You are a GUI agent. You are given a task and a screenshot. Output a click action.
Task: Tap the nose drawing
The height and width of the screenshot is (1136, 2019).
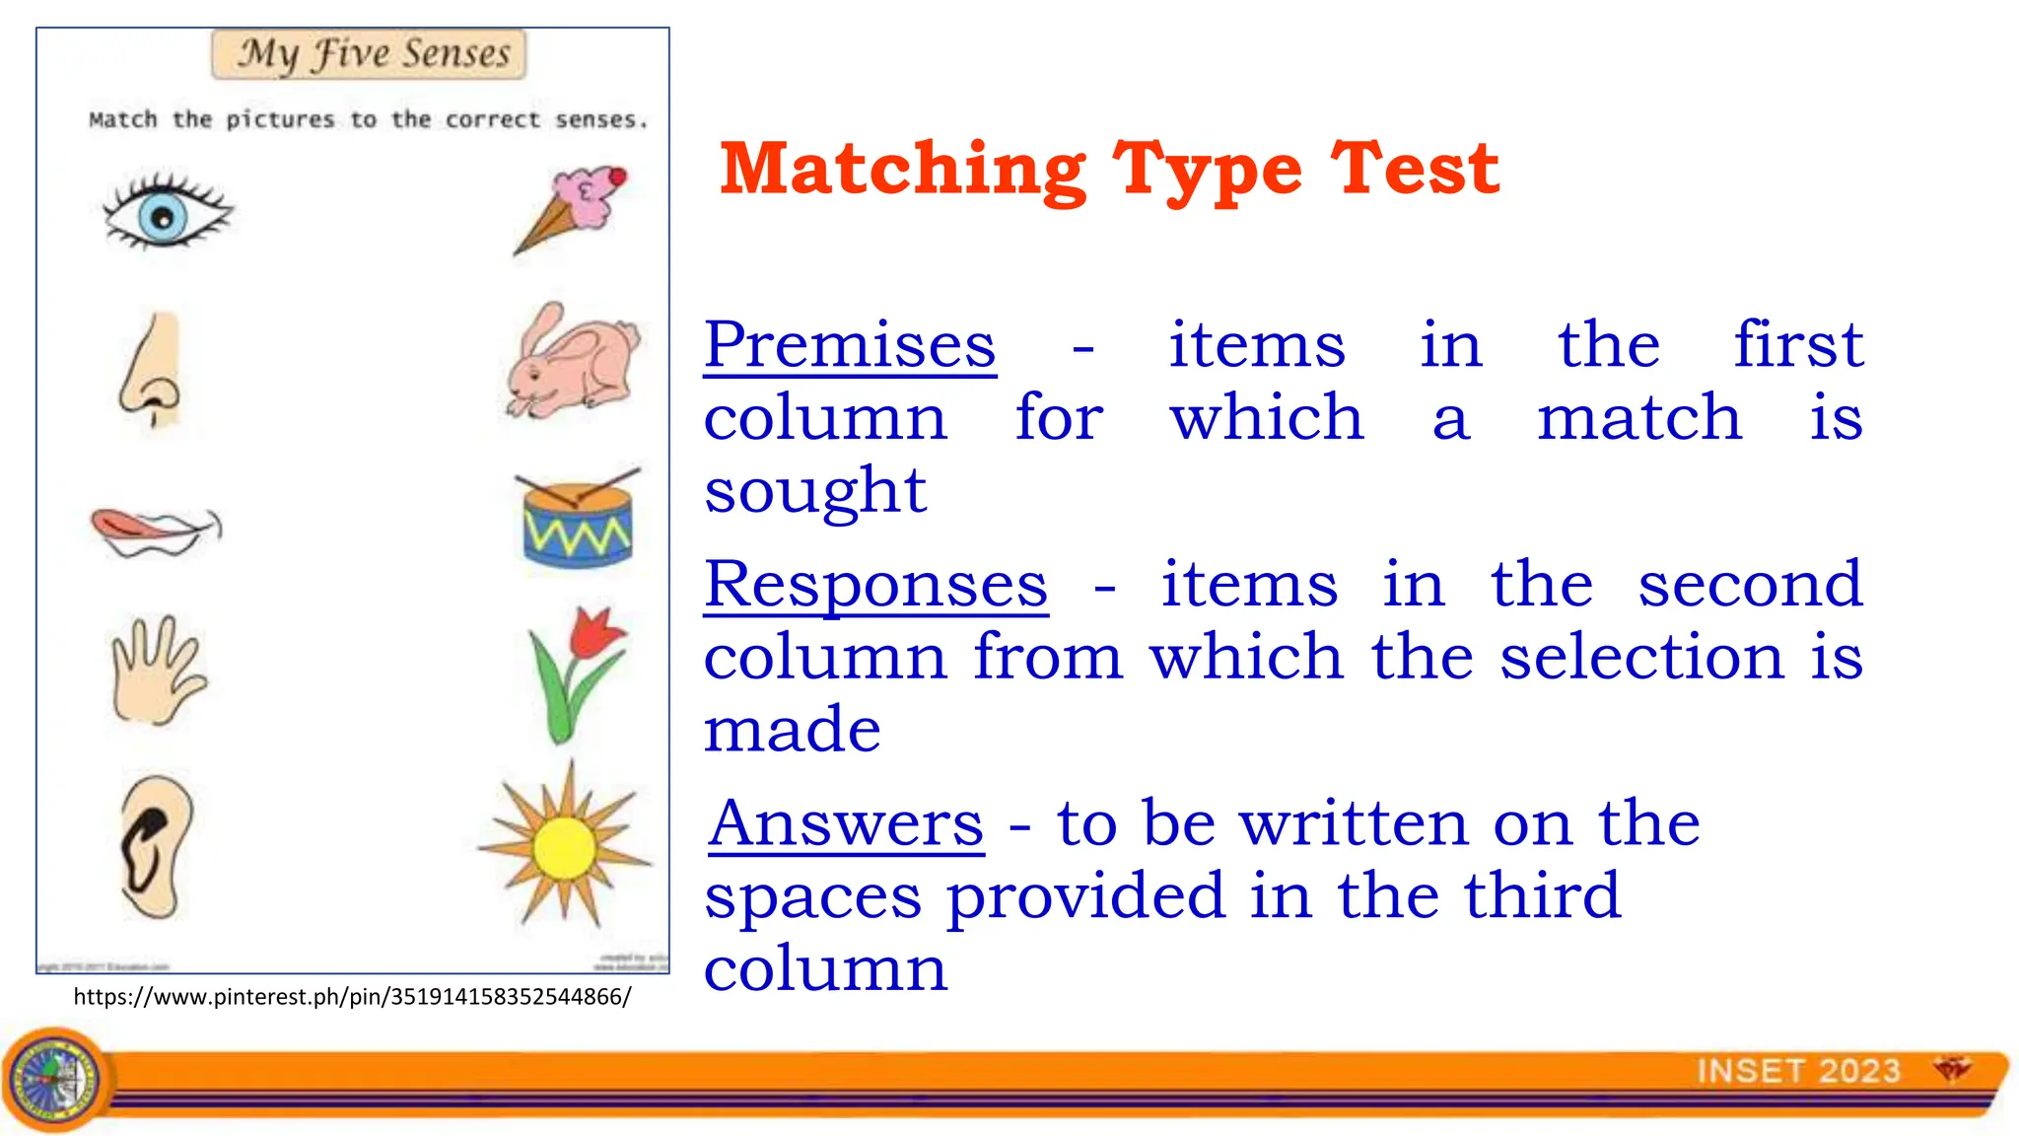coord(154,370)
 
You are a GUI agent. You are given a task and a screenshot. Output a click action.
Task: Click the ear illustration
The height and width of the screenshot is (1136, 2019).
coord(155,846)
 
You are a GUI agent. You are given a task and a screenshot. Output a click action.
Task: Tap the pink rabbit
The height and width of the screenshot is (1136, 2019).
coord(573,362)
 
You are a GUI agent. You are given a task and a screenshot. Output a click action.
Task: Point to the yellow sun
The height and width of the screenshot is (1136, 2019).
coord(565,846)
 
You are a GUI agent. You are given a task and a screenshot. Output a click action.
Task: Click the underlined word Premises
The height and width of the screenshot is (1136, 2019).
coord(850,345)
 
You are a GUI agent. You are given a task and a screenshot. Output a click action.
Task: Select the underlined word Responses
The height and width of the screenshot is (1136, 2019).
coord(875,585)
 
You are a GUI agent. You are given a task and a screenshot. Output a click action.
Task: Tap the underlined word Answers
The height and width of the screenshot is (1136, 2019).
coord(846,823)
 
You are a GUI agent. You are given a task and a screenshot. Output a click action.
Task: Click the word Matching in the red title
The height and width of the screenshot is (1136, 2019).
coord(902,170)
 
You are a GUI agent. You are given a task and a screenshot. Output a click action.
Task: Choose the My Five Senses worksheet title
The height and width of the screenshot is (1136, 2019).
coord(369,54)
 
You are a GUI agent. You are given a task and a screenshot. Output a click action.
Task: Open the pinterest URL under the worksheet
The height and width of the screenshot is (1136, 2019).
coord(352,996)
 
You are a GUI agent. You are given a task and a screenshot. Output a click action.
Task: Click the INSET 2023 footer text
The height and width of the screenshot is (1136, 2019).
coord(1798,1071)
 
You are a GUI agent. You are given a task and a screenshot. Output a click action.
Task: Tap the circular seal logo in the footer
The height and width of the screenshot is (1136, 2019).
coord(56,1079)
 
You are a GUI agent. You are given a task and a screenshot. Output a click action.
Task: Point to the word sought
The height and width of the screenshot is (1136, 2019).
coord(815,490)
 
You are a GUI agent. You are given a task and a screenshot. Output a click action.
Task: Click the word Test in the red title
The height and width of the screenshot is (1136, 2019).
coord(1415,170)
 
